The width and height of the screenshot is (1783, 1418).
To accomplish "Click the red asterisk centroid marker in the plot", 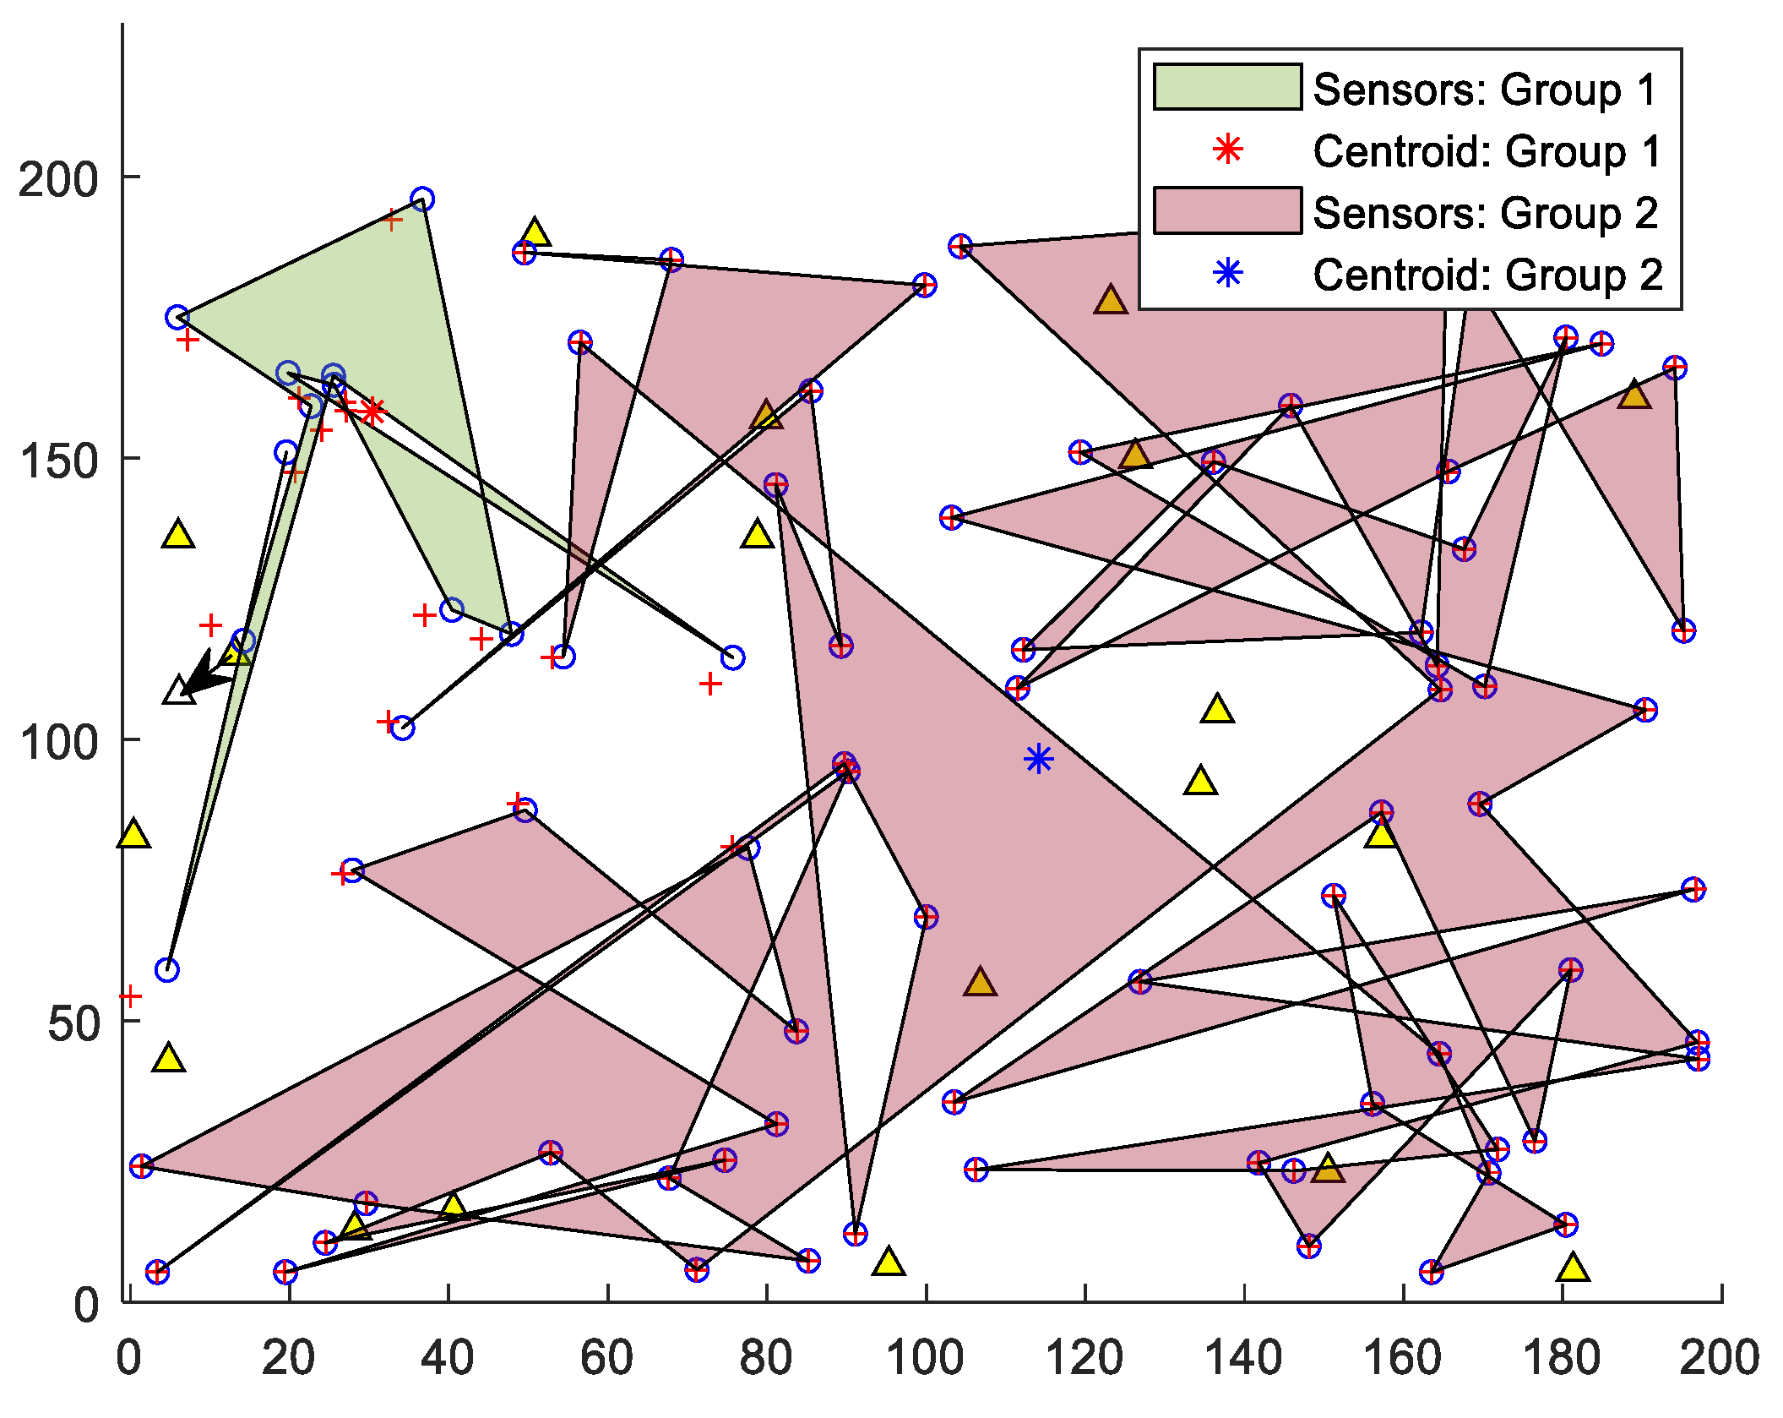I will point(372,412).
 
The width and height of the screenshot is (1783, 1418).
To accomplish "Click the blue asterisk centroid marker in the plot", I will point(1038,759).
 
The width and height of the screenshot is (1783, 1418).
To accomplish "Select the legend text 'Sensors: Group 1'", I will point(1485,89).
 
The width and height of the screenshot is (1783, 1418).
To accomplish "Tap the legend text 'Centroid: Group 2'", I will point(1487,275).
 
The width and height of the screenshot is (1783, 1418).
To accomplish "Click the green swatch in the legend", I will point(1227,87).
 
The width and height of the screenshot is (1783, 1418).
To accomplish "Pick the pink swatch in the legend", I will point(1227,210).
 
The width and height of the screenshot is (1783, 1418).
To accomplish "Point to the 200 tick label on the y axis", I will point(57,179).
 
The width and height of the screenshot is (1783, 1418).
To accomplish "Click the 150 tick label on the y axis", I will point(57,461).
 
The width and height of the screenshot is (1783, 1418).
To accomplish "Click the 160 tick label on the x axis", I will point(1403,1358).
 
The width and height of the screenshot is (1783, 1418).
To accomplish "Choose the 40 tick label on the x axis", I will point(447,1358).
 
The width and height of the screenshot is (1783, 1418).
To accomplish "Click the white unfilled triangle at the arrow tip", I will point(178,692).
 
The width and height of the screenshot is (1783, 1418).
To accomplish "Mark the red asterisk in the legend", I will point(1227,150).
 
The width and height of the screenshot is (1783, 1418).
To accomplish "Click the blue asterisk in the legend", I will point(1227,273).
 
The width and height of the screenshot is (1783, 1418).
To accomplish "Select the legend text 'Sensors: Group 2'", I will point(1485,213).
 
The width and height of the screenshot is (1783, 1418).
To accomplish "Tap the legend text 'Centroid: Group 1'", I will point(1487,151).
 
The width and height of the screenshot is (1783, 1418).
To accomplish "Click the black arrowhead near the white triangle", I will point(198,672).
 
